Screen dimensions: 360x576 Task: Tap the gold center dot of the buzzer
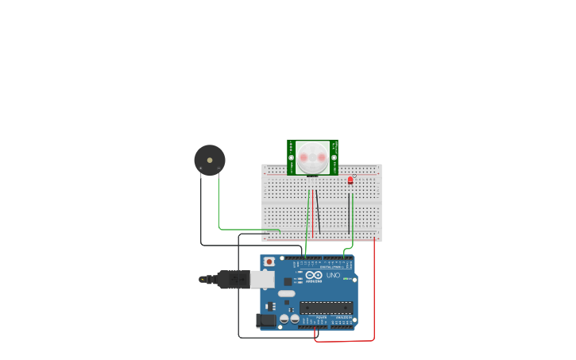pos(210,159)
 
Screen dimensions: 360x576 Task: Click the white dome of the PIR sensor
pos(313,157)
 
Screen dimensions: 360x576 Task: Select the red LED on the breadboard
pos(350,180)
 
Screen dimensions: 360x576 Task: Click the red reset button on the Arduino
pos(269,261)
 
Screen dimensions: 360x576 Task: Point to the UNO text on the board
pos(333,276)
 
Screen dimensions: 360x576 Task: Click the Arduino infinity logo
pos(314,275)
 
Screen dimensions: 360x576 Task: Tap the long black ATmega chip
pos(326,307)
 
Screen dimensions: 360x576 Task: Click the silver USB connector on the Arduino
pos(263,279)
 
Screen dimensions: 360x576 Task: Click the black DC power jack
pos(266,320)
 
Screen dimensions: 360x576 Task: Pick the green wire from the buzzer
pos(219,207)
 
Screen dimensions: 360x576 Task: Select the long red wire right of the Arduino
pos(374,294)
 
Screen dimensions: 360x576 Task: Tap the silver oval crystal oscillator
pos(286,294)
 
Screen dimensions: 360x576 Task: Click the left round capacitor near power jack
pos(284,319)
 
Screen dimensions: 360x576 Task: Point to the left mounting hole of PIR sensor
pos(292,157)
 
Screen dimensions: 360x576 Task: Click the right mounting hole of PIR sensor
pos(334,157)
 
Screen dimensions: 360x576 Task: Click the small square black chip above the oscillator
pos(288,282)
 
